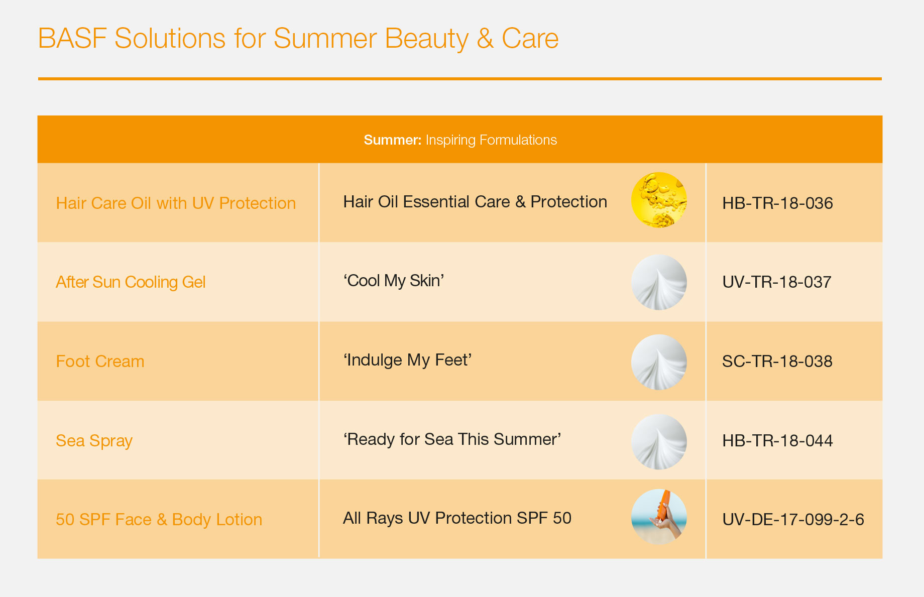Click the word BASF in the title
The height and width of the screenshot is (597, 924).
(72, 39)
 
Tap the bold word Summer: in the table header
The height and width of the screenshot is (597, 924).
(392, 140)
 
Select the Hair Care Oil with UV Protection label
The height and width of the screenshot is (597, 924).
(176, 203)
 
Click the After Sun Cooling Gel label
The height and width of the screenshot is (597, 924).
(131, 282)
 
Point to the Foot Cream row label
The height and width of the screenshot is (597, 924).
(100, 362)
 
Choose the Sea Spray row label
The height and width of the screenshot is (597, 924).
(94, 441)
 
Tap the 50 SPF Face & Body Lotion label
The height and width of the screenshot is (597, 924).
(159, 520)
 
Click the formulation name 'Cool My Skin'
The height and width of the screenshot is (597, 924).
(394, 281)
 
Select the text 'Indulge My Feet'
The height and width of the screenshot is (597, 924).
(407, 360)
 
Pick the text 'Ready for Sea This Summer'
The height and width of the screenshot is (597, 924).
(452, 439)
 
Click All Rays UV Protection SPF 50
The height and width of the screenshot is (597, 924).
(457, 518)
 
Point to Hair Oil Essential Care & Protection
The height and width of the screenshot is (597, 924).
(475, 202)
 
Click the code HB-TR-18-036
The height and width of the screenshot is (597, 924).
(777, 203)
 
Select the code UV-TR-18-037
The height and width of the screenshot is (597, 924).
(776, 282)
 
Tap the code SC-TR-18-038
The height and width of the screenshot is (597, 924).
(777, 362)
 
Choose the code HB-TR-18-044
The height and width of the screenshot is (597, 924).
(777, 441)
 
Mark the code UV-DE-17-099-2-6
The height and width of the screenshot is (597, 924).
(793, 520)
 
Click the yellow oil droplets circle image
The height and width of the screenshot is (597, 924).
(659, 200)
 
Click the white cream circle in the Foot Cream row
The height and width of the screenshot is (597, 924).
(659, 362)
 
